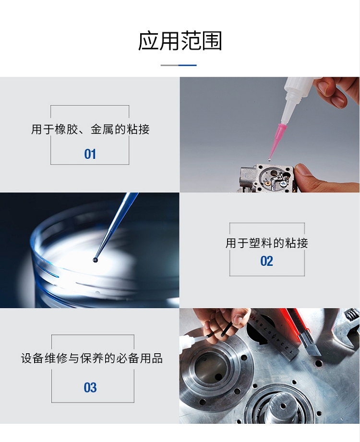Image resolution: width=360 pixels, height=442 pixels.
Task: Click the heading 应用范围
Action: pos(180,41)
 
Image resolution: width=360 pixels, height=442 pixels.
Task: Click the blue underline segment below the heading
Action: pos(188,65)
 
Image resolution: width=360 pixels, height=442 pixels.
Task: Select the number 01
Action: pos(90,154)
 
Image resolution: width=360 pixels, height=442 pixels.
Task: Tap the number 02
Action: pos(266,261)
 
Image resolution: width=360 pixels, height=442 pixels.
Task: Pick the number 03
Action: pos(90,387)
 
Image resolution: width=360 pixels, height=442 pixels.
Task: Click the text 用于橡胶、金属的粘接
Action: pos(90,130)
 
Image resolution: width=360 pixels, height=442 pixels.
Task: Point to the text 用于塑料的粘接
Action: pos(266,243)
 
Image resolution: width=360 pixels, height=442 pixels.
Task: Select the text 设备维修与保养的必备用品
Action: pos(92,358)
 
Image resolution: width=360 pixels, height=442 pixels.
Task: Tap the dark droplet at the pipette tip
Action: pos(96,260)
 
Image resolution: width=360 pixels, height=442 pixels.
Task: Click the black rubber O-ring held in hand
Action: pos(217,333)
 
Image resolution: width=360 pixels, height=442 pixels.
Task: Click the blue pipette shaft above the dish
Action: pos(117,223)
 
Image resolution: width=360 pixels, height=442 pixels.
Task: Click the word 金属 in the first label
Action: pos(102,130)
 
